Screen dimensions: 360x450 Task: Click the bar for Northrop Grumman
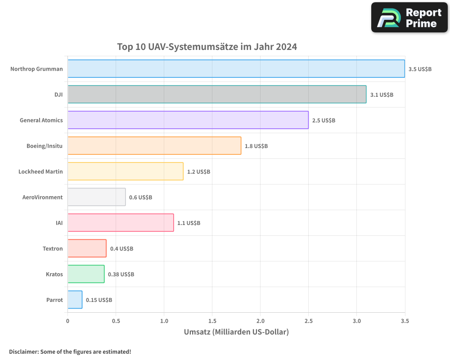236,68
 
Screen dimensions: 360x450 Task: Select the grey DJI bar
217,94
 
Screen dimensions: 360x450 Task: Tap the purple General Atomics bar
188,120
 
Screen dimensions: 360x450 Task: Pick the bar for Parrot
75,300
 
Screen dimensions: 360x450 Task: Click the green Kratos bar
86,274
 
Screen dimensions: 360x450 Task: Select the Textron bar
87,248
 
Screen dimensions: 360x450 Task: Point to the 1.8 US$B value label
256,146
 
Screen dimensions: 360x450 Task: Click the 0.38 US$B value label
121,274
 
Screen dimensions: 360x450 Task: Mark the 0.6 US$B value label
140,198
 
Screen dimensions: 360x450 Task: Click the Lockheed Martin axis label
40,171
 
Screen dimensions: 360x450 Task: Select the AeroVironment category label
42,197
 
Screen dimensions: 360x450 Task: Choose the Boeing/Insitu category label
45,146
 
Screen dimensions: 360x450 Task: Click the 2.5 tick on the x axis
308,321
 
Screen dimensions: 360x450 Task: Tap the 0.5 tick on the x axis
116,321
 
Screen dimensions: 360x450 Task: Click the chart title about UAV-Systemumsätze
207,47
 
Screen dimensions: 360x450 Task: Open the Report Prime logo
409,18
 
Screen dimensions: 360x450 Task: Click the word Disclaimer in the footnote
23,351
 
